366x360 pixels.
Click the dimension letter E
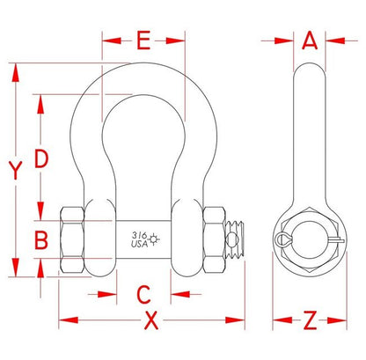(143, 40)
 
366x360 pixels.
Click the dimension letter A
(310, 40)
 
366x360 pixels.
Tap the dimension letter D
(40, 158)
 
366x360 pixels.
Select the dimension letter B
(41, 240)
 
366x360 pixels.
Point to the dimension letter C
(144, 294)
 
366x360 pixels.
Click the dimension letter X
(151, 320)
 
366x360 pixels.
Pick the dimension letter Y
(15, 170)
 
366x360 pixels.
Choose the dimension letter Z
(310, 320)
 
